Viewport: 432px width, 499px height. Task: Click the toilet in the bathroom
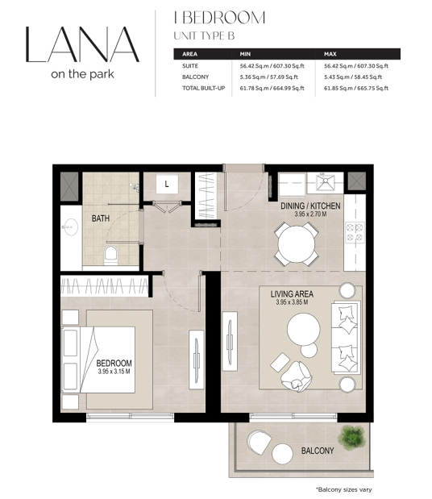click(110, 256)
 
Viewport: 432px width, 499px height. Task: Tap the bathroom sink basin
click(70, 227)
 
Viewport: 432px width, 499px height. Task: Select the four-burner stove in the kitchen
click(355, 232)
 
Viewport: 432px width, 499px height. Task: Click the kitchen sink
click(325, 183)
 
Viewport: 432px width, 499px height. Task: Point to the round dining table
click(297, 244)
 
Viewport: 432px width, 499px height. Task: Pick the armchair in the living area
click(296, 376)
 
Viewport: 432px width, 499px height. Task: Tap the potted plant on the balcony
click(351, 438)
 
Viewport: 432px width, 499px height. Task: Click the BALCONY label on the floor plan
click(318, 451)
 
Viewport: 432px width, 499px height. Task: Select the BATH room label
click(101, 218)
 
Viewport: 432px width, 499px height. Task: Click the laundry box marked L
click(167, 184)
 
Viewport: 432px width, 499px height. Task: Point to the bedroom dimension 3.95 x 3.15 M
click(114, 372)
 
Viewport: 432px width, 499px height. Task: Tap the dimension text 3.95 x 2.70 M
click(310, 214)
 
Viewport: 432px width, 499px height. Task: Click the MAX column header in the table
click(330, 54)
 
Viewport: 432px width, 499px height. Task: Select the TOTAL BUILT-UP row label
click(204, 88)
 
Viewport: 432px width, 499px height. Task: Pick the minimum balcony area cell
click(269, 77)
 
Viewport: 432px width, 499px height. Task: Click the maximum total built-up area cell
click(356, 88)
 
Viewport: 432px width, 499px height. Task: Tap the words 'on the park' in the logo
click(82, 74)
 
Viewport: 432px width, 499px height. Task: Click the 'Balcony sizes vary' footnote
click(344, 490)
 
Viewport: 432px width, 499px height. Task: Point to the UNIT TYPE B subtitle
click(204, 35)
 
